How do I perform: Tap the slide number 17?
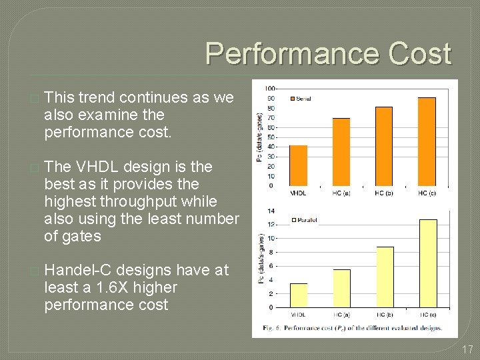pyautogui.click(x=466, y=348)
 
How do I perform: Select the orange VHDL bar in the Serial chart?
pyautogui.click(x=298, y=165)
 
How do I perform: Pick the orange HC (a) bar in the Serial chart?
pyautogui.click(x=341, y=152)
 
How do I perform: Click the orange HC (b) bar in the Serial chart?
pyautogui.click(x=383, y=146)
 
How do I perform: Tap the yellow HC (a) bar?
pyautogui.click(x=341, y=288)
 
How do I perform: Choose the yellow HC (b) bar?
pyautogui.click(x=385, y=277)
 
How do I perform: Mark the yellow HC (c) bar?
pyautogui.click(x=427, y=263)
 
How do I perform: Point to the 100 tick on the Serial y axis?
pyautogui.click(x=270, y=89)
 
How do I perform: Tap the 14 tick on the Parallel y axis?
pyautogui.click(x=271, y=211)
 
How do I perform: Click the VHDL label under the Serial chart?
pyautogui.click(x=298, y=193)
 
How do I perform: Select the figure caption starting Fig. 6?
pyautogui.click(x=352, y=328)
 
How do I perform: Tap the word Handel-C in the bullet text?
pyautogui.click(x=76, y=271)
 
